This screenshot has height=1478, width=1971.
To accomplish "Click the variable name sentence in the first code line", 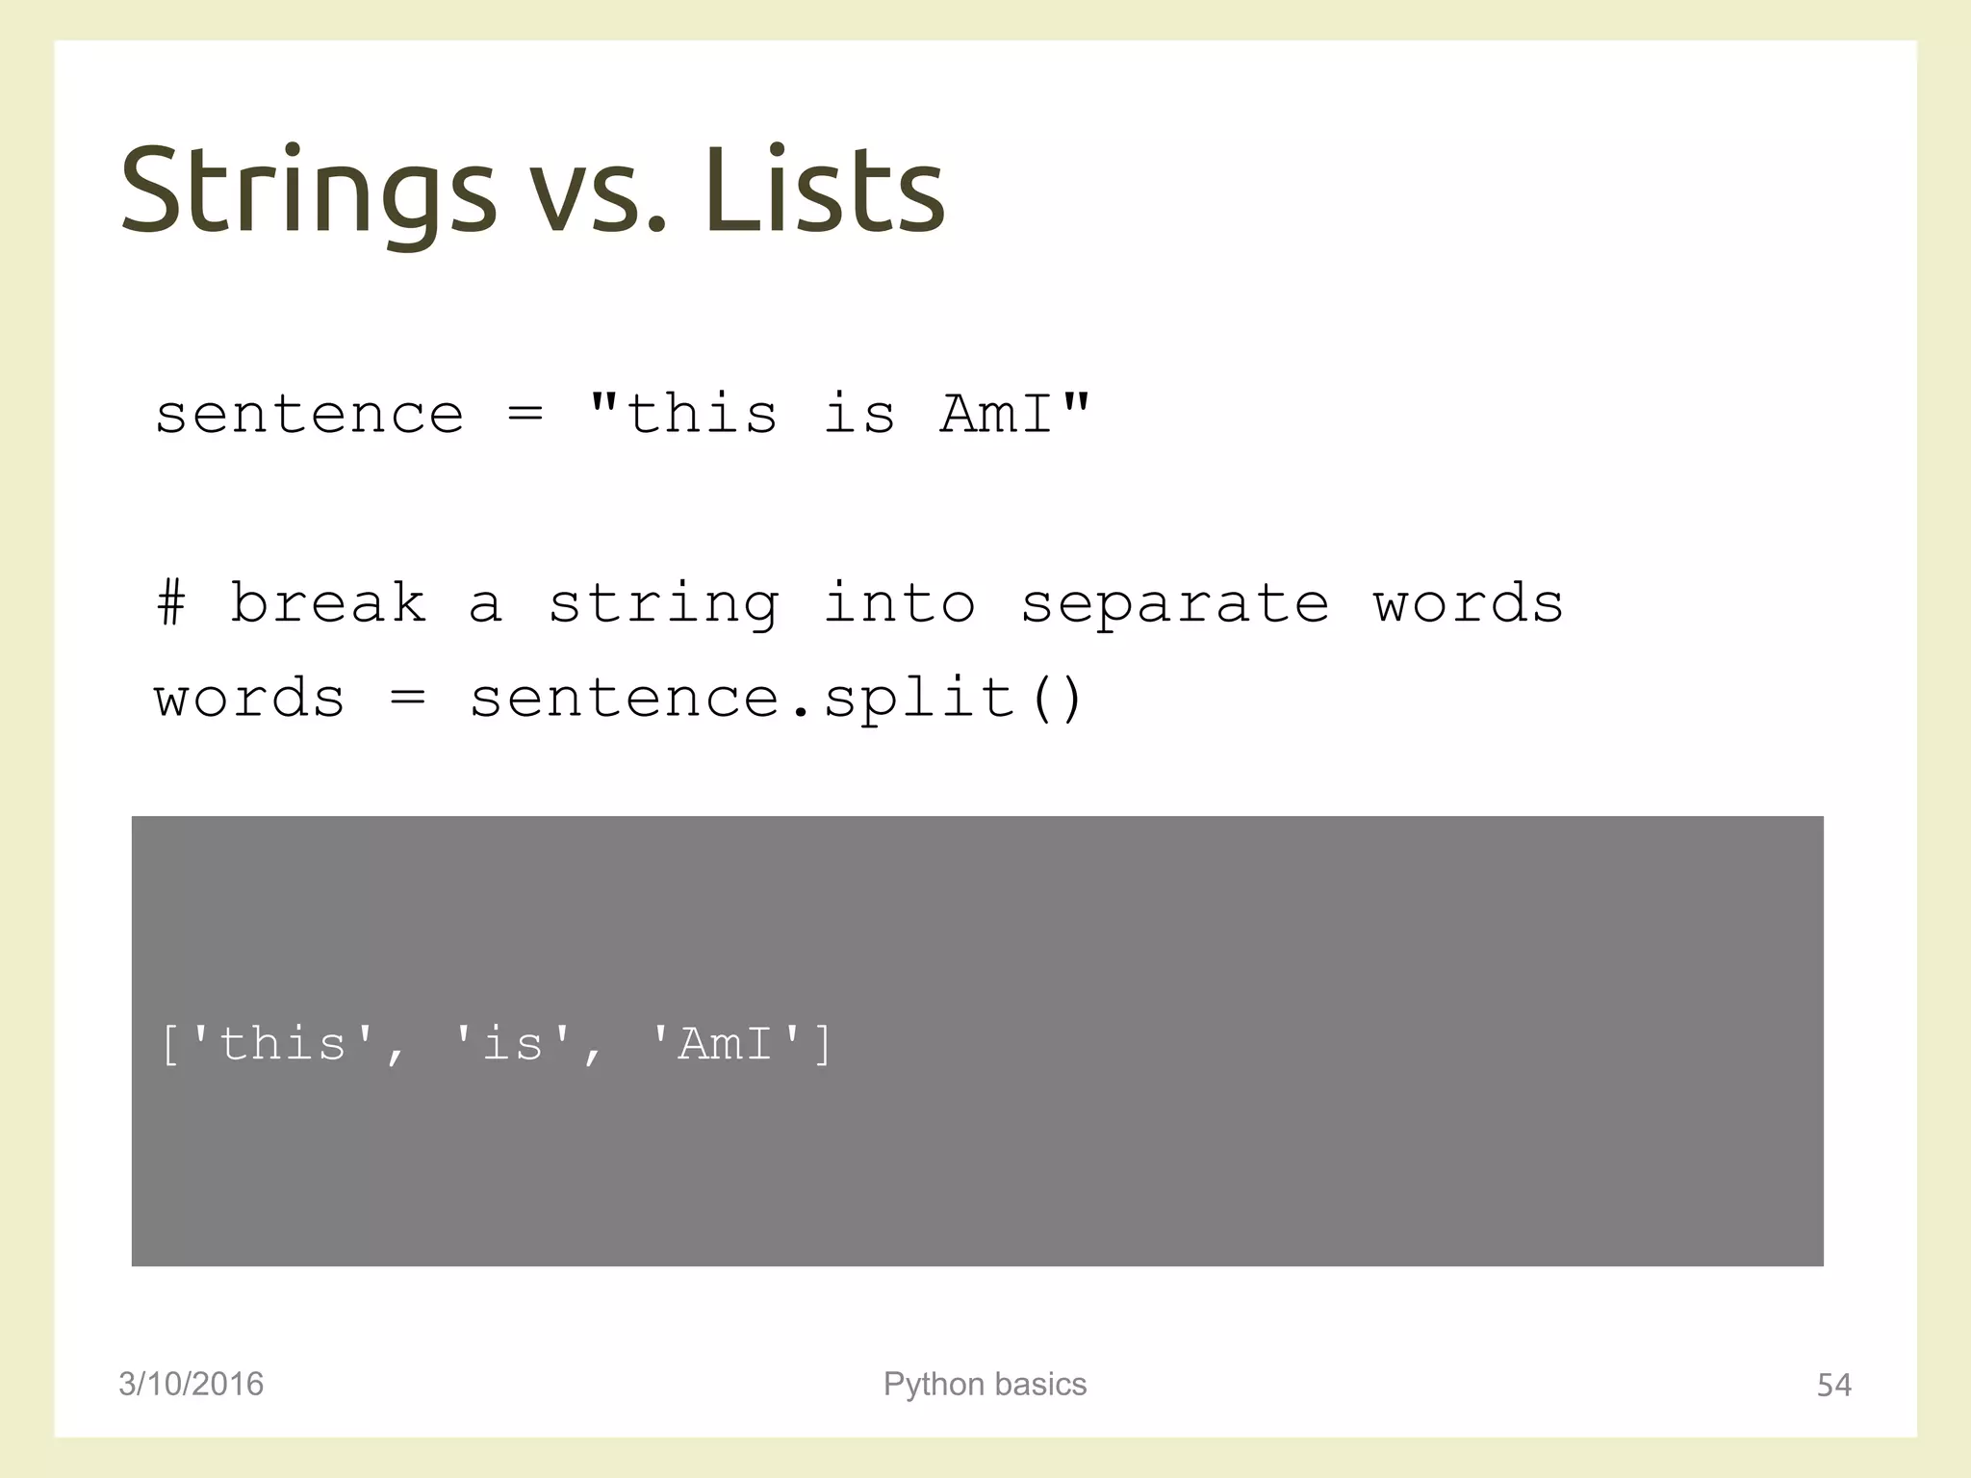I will (309, 416).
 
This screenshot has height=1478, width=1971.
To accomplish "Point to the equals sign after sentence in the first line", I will (525, 416).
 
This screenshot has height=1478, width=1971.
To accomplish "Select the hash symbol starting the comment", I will (171, 603).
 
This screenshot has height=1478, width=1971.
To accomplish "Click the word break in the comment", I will (327, 603).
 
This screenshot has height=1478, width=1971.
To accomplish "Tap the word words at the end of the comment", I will (1468, 603).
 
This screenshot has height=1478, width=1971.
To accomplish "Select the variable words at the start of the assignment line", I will (249, 698).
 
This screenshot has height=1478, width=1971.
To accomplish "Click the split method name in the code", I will (919, 698).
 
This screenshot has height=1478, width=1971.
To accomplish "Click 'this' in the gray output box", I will (282, 1044).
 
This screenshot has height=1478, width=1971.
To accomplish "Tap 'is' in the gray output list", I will (512, 1044).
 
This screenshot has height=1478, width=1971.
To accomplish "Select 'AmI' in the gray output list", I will (726, 1044).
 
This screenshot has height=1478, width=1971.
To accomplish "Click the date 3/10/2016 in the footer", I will (191, 1384).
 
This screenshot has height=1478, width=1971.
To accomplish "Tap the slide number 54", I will (1833, 1385).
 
